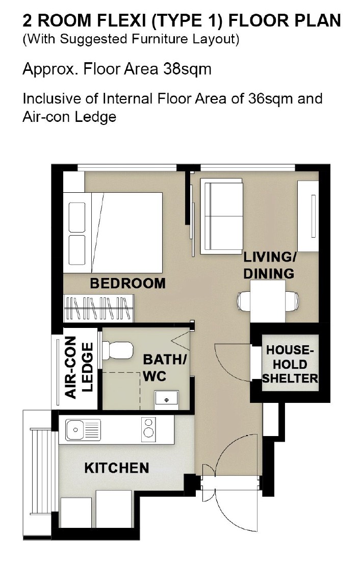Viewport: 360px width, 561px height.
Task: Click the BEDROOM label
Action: tap(128, 284)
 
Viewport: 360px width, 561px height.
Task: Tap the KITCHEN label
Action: tap(117, 468)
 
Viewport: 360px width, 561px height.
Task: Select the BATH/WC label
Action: tap(165, 368)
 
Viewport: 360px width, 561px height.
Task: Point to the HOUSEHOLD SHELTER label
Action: tap(290, 364)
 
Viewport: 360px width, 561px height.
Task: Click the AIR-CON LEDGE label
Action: tap(80, 367)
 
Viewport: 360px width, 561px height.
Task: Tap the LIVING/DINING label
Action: tap(269, 265)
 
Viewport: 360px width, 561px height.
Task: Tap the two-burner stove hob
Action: tap(148, 428)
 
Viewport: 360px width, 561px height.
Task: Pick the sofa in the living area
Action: tap(221, 216)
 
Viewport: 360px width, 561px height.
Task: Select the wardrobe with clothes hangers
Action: tap(98, 308)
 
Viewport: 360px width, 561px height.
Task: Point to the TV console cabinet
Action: tap(308, 216)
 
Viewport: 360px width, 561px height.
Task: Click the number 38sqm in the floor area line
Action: tap(187, 69)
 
